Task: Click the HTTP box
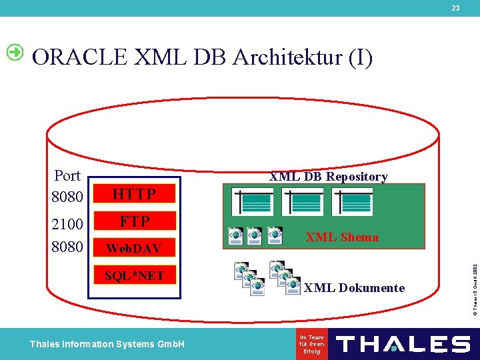pyautogui.click(x=134, y=194)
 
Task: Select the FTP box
pyautogui.click(x=134, y=221)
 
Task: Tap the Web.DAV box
pyautogui.click(x=134, y=248)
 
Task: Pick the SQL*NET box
pyautogui.click(x=134, y=275)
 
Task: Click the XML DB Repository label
pyautogui.click(x=328, y=177)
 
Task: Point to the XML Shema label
pyautogui.click(x=341, y=237)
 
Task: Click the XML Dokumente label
pyautogui.click(x=354, y=288)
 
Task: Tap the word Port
pyautogui.click(x=67, y=176)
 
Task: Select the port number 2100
pyautogui.click(x=67, y=223)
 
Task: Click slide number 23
pyautogui.click(x=455, y=8)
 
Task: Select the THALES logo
pyautogui.click(x=403, y=344)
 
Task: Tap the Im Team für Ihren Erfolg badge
pyautogui.click(x=312, y=344)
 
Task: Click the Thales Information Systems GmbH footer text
pyautogui.click(x=107, y=344)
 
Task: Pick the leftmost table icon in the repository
pyautogui.click(x=252, y=202)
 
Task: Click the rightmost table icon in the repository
pyautogui.click(x=353, y=202)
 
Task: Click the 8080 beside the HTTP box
pyautogui.click(x=67, y=197)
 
